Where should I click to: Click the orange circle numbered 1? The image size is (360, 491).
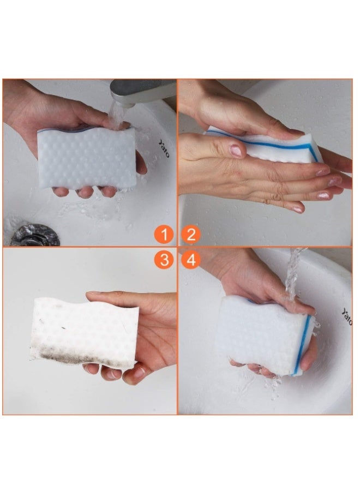(163, 235)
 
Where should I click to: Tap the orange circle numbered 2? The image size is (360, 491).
(191, 235)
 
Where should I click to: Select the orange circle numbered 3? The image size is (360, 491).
(163, 260)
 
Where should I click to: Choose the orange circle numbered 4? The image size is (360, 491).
(191, 260)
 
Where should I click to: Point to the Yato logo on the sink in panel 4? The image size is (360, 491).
(347, 316)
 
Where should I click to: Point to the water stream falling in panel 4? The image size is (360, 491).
(295, 273)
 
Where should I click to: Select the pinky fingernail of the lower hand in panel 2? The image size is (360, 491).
(297, 208)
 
